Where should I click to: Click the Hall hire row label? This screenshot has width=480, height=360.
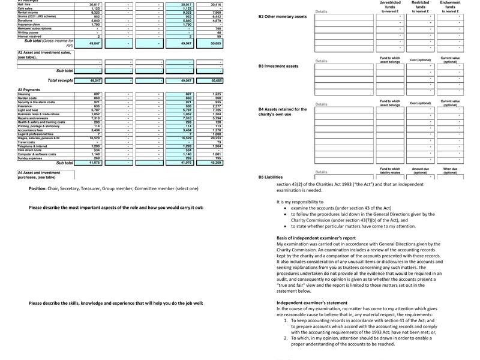(24, 4)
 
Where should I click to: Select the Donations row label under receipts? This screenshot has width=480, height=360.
(25, 20)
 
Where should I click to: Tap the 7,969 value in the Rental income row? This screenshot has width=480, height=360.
(217, 12)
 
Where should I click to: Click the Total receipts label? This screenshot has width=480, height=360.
(60, 80)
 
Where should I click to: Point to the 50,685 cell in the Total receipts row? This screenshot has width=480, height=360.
(217, 80)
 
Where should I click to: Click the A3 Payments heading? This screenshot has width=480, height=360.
(29, 90)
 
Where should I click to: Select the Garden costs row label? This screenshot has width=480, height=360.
(28, 98)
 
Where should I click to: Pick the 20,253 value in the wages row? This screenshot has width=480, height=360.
(217, 138)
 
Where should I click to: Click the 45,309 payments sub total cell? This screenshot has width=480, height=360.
(217, 163)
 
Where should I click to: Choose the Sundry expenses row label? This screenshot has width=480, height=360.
(31, 158)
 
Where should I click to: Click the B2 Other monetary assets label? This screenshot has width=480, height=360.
(283, 16)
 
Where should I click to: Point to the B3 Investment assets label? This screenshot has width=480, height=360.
(278, 66)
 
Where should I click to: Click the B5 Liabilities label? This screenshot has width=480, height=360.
(271, 177)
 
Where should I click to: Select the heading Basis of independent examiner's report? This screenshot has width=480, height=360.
(325, 238)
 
